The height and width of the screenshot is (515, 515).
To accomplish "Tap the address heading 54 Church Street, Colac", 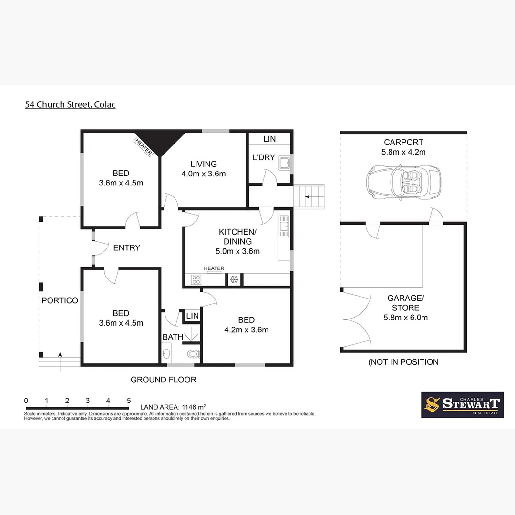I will click(x=70, y=104).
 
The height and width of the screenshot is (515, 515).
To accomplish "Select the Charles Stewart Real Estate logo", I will click(x=462, y=405).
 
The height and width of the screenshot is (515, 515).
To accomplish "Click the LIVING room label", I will click(x=204, y=164).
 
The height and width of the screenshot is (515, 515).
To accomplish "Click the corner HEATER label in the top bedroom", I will click(x=144, y=147).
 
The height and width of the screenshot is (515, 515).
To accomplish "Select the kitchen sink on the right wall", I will click(x=284, y=226).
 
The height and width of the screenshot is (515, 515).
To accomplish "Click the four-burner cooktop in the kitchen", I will click(x=196, y=280).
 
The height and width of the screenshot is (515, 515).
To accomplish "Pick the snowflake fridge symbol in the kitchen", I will click(x=234, y=280).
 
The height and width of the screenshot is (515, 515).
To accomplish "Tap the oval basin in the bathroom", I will click(x=166, y=354).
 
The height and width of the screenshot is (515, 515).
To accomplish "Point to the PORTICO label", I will click(x=60, y=300).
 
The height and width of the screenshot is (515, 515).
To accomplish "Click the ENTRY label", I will click(x=127, y=247).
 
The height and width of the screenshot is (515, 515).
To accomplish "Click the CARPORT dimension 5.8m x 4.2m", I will click(x=403, y=152).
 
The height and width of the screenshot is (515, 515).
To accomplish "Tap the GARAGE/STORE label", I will click(x=403, y=303).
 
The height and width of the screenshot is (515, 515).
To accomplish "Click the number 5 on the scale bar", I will click(x=129, y=400).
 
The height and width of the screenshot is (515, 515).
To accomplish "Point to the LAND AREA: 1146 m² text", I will click(x=173, y=407).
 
